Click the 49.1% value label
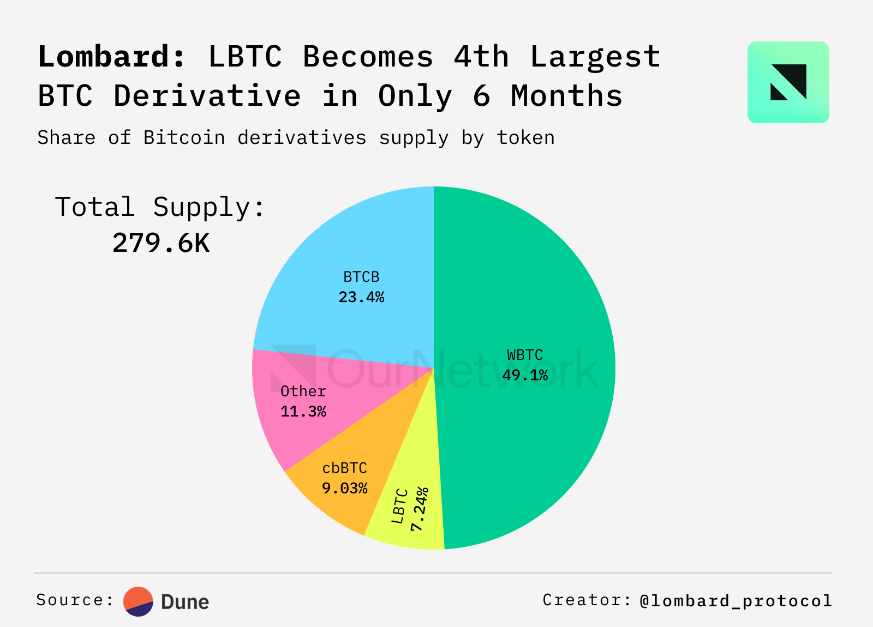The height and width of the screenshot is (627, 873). point(525,376)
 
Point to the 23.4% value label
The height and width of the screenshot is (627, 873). point(361,298)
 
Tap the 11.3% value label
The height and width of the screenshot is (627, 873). point(303,412)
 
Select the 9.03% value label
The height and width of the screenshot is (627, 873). point(345,489)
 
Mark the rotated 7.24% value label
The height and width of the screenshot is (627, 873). point(420,509)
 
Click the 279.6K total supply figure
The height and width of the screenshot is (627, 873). point(161,243)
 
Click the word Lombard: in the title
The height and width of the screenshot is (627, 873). point(112,57)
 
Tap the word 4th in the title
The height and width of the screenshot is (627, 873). point(481,57)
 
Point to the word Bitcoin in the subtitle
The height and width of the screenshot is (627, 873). point(184,138)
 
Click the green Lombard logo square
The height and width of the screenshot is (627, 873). point(788,82)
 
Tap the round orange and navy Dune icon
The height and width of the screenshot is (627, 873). point(139,601)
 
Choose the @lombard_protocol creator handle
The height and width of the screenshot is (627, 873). point(736,601)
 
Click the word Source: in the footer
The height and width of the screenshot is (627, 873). point(75,600)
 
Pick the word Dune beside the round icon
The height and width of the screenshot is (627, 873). point(185,602)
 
